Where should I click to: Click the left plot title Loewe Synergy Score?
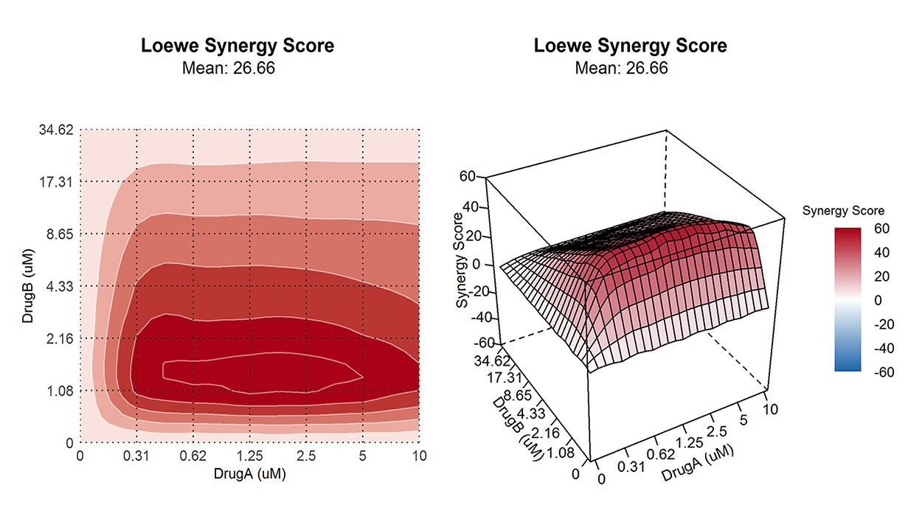coord(238,46)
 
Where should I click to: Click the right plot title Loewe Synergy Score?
coord(631,46)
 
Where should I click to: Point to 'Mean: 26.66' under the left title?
coord(238,69)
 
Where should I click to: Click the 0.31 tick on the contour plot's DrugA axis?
coord(136,456)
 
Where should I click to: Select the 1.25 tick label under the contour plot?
coord(249,456)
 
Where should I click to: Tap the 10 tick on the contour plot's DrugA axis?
coord(418,456)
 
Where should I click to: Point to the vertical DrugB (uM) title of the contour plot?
coord(27,286)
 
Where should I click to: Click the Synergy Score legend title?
coord(842,211)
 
